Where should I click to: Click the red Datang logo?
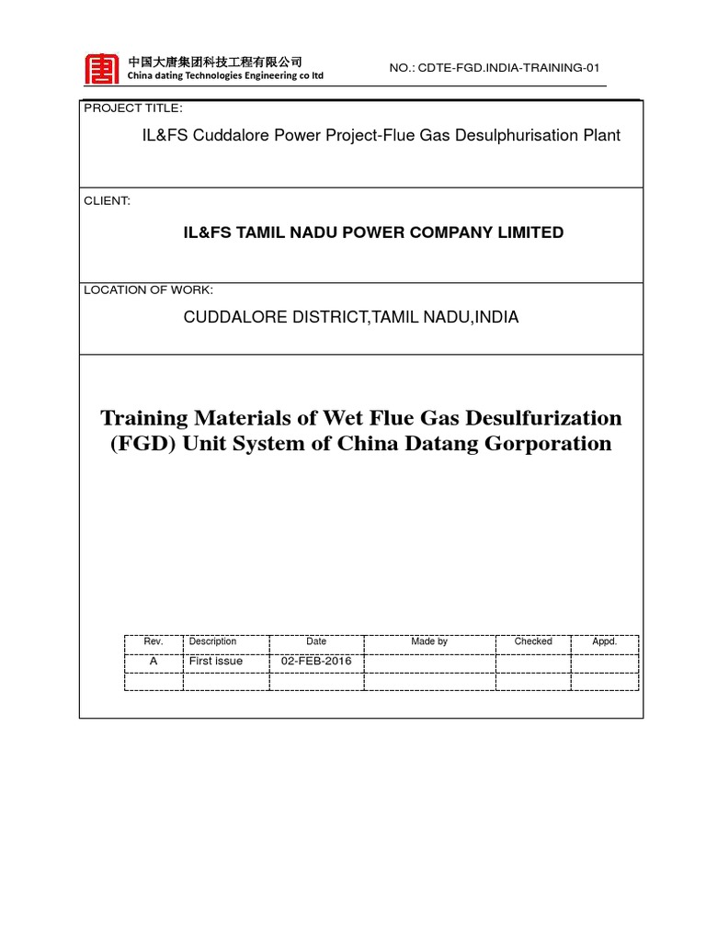click(x=101, y=69)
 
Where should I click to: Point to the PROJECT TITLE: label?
click(x=133, y=108)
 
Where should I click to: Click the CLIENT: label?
click(x=108, y=200)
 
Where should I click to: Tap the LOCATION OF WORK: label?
click(x=148, y=289)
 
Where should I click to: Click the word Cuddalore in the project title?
click(x=233, y=135)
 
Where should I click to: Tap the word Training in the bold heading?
click(x=145, y=418)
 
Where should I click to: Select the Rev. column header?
click(x=154, y=641)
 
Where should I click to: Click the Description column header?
click(x=212, y=641)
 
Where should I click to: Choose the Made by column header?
click(x=429, y=641)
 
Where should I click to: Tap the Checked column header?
click(x=533, y=641)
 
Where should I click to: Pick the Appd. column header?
click(x=604, y=641)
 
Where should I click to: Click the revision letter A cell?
click(x=154, y=661)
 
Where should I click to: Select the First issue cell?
click(x=216, y=661)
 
